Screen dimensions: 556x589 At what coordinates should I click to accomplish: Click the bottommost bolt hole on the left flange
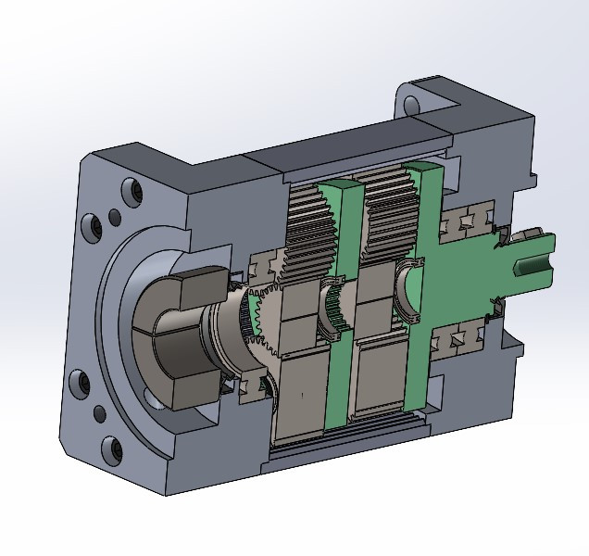click(116, 451)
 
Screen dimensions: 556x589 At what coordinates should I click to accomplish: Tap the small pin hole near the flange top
click(115, 218)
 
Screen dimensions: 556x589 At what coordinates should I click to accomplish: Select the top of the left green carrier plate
click(334, 190)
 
